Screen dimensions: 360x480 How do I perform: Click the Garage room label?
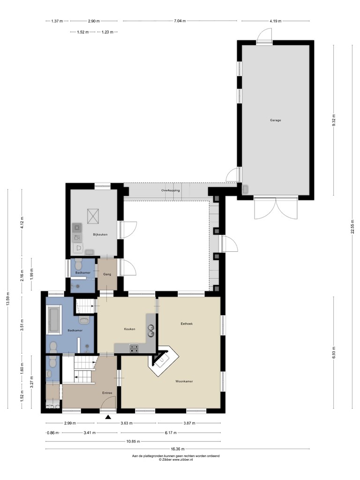275,120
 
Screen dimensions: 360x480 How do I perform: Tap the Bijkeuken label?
100,234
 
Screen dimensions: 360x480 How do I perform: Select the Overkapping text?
171,190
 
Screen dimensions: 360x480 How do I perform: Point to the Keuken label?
129,329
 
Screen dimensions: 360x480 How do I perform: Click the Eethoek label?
187,323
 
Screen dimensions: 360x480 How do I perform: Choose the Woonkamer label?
184,382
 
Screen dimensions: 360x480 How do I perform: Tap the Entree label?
107,393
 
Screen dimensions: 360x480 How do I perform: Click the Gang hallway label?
107,274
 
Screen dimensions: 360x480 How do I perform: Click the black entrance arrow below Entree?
108,417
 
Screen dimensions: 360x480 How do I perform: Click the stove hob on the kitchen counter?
134,348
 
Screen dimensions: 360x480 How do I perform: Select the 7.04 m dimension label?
180,21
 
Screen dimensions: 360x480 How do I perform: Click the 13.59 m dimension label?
8,299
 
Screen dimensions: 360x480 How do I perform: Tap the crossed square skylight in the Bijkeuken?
93,216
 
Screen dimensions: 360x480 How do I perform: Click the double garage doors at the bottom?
276,209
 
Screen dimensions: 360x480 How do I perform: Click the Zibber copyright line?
176,459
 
